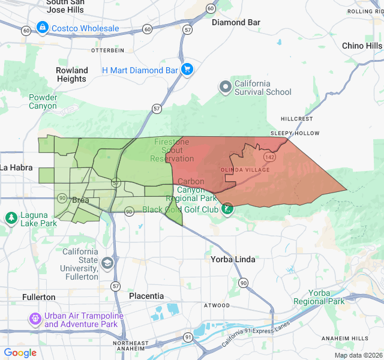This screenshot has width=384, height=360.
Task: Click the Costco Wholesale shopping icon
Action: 42,28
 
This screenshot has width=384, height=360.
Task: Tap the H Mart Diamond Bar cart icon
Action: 187,70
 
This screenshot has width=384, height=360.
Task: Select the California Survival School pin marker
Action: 226,87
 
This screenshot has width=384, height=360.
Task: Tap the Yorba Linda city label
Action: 233,259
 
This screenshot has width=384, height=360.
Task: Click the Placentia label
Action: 146,296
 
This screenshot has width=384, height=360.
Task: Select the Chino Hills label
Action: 362,46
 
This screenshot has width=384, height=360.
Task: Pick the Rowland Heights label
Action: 72,74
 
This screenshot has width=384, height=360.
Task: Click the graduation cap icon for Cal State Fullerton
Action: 107,263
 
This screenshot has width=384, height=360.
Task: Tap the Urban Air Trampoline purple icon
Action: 35,317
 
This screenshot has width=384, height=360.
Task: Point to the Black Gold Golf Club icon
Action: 227,209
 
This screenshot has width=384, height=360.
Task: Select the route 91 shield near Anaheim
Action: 189,338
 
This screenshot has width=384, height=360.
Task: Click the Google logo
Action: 20,353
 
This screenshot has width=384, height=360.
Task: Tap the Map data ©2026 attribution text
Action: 358,356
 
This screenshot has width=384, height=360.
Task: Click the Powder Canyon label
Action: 43,102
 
